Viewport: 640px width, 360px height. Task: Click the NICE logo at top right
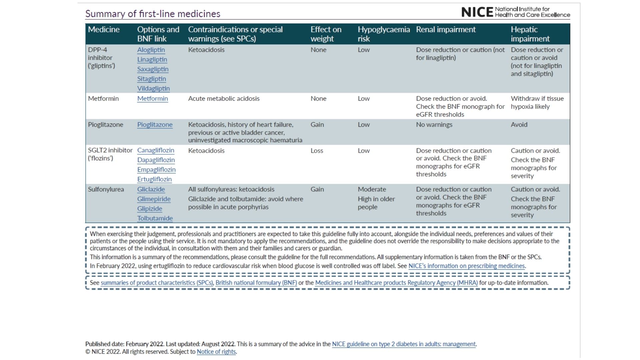[x=515, y=12]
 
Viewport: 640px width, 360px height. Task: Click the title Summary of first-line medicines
[x=153, y=14]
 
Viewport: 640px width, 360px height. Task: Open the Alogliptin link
[x=151, y=50]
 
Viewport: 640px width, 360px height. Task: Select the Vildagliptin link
[x=153, y=88]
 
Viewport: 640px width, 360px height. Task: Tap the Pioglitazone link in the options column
[x=155, y=124]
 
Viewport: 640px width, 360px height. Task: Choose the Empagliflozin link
[x=156, y=169]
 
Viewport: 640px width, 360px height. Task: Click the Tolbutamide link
[x=155, y=218]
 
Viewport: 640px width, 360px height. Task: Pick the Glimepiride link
[x=154, y=199]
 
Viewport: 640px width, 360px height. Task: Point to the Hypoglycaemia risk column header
[x=384, y=34]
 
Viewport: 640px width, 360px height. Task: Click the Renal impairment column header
[x=446, y=29]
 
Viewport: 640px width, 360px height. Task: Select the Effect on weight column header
[x=326, y=34]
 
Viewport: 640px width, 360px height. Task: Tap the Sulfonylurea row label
[x=106, y=189]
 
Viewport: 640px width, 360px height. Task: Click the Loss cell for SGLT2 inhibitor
[x=317, y=150]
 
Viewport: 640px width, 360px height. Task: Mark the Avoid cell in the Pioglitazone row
[x=519, y=124]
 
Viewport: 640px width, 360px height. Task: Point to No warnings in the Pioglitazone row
[x=434, y=124]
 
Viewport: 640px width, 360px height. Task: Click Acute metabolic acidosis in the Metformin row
[x=224, y=98]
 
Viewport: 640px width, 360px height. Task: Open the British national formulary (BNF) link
[x=256, y=283]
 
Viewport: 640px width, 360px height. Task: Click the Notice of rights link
[x=216, y=352]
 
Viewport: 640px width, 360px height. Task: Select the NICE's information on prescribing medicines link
[x=467, y=266]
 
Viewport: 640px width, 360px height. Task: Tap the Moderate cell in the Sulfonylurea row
[x=372, y=189]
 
